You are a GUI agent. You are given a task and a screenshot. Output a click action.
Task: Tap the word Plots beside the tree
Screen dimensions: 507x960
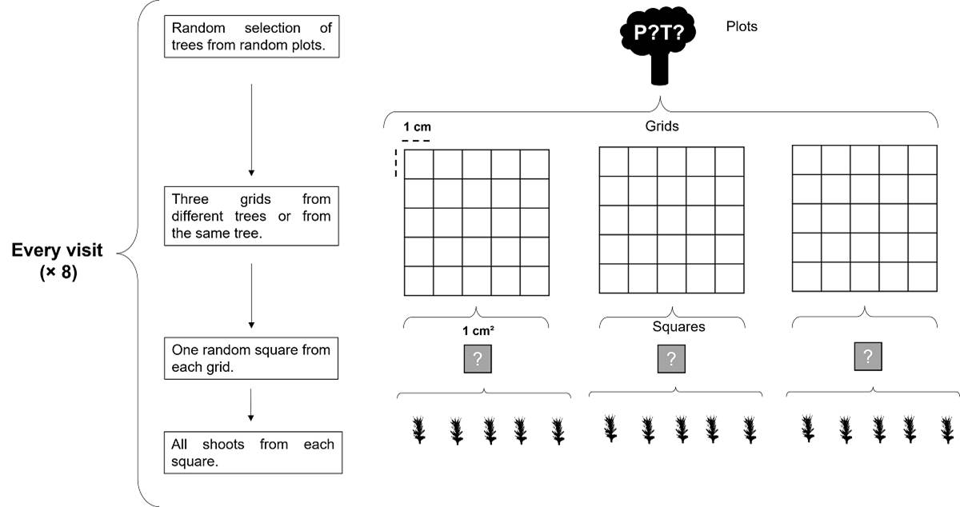(742, 26)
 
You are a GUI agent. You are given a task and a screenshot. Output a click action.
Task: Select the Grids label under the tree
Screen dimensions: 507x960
(662, 126)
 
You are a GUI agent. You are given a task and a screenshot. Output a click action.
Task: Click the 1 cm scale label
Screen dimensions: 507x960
(417, 127)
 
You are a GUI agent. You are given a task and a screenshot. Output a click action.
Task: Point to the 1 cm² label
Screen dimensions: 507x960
(477, 329)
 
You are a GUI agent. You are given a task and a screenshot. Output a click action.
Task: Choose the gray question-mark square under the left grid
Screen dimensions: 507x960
(477, 359)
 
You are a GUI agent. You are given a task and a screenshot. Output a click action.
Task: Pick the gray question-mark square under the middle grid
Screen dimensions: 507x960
(671, 359)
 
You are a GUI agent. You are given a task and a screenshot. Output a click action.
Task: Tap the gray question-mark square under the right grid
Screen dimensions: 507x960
(869, 356)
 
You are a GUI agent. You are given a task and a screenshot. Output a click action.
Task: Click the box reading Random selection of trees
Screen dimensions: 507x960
(251, 36)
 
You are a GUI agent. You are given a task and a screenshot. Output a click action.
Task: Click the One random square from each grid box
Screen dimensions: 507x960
(251, 358)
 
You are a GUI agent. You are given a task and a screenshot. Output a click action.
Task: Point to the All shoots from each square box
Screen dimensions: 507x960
(251, 453)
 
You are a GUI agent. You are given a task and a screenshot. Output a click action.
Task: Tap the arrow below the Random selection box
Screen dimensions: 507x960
(251, 128)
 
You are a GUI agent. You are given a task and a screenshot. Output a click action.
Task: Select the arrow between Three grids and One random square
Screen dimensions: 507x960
(251, 295)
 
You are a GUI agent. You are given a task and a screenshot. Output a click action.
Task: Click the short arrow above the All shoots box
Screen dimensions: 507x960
(251, 405)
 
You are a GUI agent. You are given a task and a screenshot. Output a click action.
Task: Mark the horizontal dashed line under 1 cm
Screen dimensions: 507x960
(416, 142)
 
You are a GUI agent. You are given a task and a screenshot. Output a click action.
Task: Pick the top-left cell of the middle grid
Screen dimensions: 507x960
(614, 162)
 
